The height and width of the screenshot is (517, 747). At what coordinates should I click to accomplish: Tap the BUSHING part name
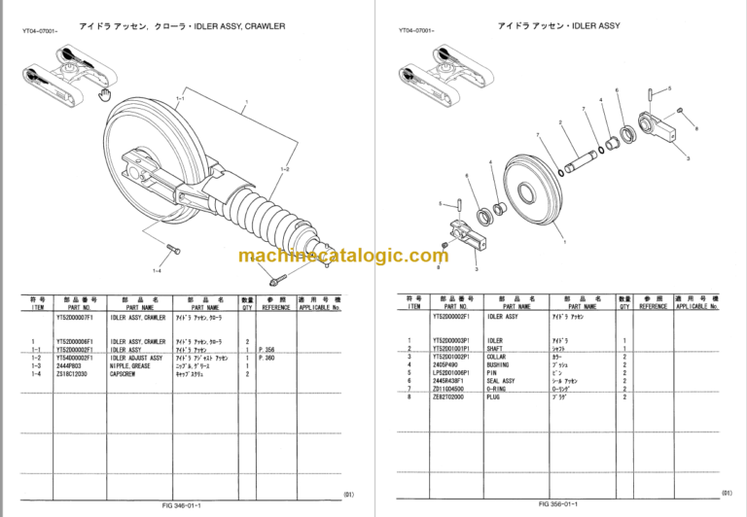(501, 364)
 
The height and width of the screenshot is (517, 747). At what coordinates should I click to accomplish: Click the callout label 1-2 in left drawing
(285, 170)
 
